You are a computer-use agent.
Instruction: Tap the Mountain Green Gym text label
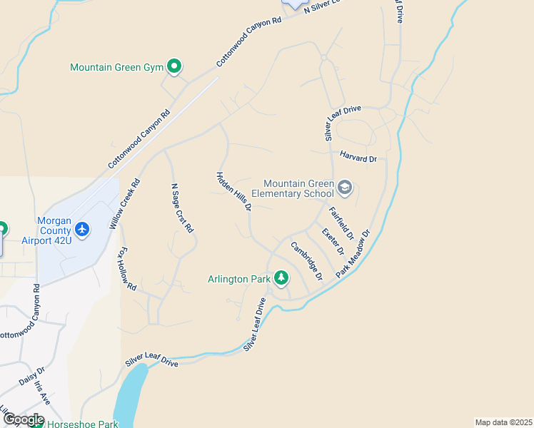[x=117, y=68]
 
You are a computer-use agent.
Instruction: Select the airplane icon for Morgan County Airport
[x=82, y=230]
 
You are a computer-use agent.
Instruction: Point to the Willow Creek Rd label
[x=125, y=203]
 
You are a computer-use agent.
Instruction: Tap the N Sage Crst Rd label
[x=182, y=209]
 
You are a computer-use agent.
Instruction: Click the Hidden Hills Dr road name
[x=234, y=191]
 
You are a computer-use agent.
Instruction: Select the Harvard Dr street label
[x=358, y=158]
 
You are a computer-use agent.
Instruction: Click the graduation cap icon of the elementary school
[x=344, y=188]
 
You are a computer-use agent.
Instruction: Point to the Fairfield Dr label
[x=341, y=223]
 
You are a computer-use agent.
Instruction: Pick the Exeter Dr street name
[x=333, y=242]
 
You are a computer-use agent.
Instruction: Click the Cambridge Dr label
[x=306, y=260]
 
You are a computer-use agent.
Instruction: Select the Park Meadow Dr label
[x=354, y=254]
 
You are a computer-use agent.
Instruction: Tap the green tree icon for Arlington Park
[x=281, y=277]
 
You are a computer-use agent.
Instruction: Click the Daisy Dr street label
[x=32, y=376]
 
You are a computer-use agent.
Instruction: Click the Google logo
[x=23, y=419]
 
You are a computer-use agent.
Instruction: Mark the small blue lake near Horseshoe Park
[x=129, y=397]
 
